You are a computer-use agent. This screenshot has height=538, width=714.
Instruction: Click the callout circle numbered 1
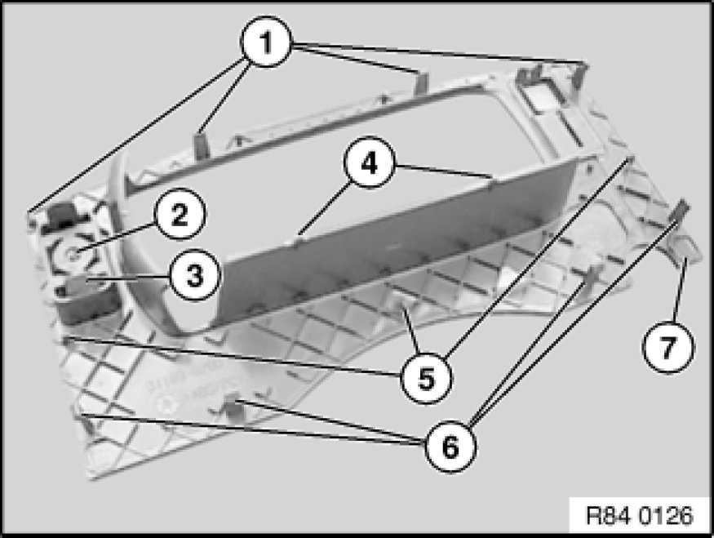click(265, 42)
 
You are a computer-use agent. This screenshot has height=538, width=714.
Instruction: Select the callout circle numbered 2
click(180, 214)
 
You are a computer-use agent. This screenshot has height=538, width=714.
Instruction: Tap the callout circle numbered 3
click(194, 275)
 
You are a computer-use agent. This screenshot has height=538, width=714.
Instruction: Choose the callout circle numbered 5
click(426, 377)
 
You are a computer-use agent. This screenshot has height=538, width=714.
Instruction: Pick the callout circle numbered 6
click(450, 447)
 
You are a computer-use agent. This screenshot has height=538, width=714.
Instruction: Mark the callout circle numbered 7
click(668, 347)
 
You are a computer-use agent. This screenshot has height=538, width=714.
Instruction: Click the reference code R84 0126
click(639, 516)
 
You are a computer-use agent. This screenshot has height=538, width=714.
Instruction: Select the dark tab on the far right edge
click(682, 209)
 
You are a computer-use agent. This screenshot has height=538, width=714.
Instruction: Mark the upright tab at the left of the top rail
click(201, 145)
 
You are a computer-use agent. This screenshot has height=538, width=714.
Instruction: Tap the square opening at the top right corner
click(542, 93)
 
